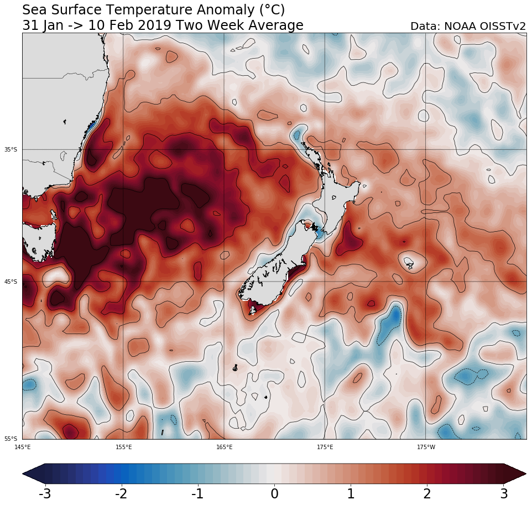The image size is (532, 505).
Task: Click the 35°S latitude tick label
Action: click(11, 149)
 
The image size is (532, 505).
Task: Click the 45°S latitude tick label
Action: click(11, 282)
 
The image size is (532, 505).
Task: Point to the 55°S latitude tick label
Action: click(11, 439)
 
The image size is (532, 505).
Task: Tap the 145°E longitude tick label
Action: click(23, 447)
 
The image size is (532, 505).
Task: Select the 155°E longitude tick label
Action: click(123, 447)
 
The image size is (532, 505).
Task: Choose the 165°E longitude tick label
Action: click(224, 447)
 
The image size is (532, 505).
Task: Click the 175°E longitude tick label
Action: click(325, 447)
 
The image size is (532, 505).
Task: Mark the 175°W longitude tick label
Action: click(425, 447)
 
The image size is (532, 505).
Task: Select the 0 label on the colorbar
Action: click(274, 493)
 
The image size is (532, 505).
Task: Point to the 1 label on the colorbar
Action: click(351, 493)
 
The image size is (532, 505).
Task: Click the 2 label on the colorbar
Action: click(427, 493)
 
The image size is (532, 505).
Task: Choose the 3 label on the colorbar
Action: click(504, 493)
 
